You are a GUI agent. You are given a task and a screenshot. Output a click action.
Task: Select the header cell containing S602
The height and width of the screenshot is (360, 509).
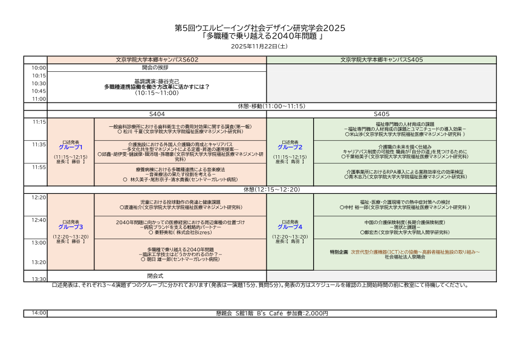coord(157,60)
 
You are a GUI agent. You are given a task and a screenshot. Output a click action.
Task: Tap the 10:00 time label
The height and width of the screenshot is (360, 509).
coord(39,68)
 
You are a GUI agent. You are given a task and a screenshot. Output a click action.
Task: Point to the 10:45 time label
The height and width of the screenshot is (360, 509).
coord(39,91)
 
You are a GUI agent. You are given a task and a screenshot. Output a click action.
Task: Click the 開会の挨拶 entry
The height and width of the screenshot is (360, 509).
coord(157,68)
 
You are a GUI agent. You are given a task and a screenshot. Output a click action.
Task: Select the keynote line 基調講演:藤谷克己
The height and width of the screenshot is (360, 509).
coord(157,81)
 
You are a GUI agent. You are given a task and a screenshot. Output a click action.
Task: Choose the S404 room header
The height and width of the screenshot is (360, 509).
coord(157,114)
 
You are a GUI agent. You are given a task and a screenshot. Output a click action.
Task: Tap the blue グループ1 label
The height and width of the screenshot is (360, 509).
coord(71,147)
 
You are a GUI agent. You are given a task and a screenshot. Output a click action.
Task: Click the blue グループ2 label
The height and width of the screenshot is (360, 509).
coord(290,147)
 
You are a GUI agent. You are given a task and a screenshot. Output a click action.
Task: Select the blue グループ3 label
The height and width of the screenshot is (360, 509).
coord(71,227)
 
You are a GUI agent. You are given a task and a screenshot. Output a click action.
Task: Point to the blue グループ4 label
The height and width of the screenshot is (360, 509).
coord(290,227)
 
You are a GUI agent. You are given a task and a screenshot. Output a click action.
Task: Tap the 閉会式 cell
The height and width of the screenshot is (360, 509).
coord(157,275)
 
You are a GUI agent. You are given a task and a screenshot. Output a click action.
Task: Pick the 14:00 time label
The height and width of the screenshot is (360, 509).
coord(39,313)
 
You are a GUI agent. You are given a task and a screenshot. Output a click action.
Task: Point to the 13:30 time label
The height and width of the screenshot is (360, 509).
coord(39,279)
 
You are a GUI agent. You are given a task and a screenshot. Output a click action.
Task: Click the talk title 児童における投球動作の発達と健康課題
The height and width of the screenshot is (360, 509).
coord(181,202)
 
